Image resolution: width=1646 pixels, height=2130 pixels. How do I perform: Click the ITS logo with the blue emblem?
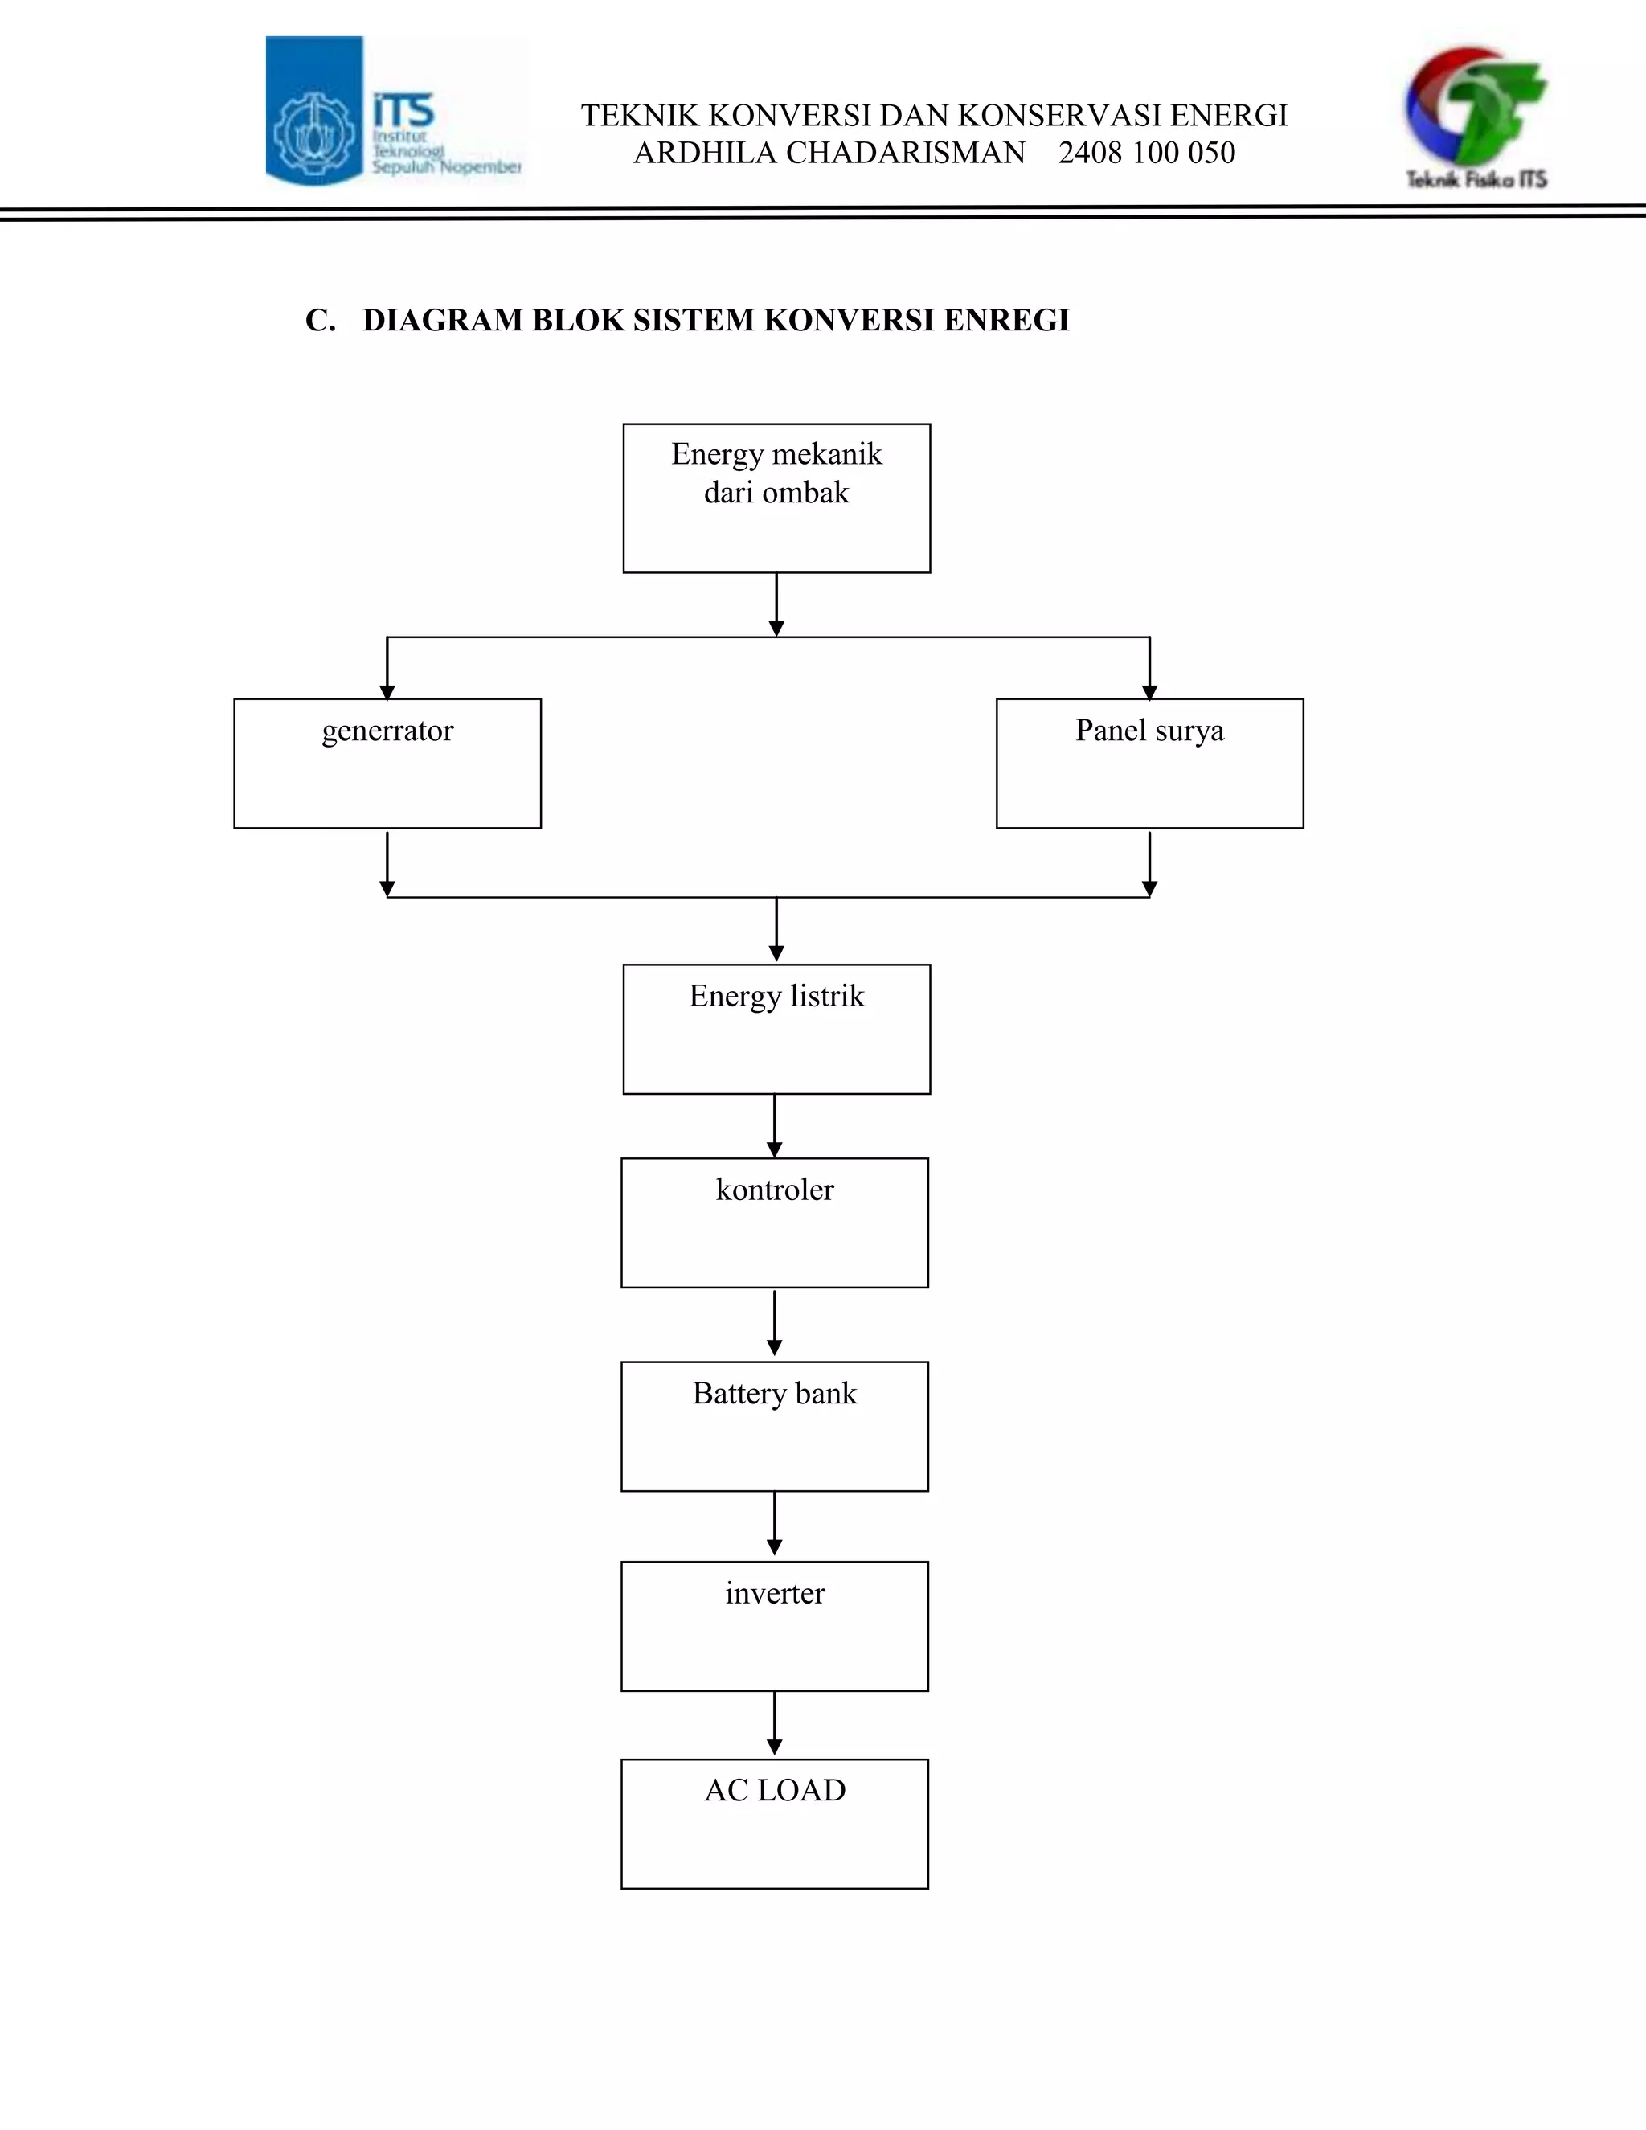395,111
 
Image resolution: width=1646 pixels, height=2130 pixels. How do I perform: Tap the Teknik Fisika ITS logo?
1476,117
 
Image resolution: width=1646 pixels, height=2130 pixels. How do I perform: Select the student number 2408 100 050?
1147,153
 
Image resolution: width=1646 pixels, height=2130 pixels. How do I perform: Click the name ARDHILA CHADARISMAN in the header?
829,153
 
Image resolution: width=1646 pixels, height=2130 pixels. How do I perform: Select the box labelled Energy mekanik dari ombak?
776,498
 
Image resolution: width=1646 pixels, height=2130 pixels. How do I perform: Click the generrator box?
387,764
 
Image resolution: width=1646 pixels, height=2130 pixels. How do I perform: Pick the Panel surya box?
1149,764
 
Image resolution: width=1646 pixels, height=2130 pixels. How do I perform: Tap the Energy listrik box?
776,1029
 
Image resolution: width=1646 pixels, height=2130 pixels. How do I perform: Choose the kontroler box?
774,1223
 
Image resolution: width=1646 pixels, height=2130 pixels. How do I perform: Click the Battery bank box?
774,1427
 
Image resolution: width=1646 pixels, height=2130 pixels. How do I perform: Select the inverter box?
774,1627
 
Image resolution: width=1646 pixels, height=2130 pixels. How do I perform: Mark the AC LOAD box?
774,1824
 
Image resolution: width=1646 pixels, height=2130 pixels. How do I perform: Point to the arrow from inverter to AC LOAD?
774,1724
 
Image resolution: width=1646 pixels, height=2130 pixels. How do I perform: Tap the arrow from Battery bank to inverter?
774,1524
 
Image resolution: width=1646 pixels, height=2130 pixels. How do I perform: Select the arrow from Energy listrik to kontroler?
774,1126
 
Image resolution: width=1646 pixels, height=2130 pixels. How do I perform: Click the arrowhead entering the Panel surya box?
1149,692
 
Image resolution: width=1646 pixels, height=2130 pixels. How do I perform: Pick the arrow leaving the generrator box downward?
387,864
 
